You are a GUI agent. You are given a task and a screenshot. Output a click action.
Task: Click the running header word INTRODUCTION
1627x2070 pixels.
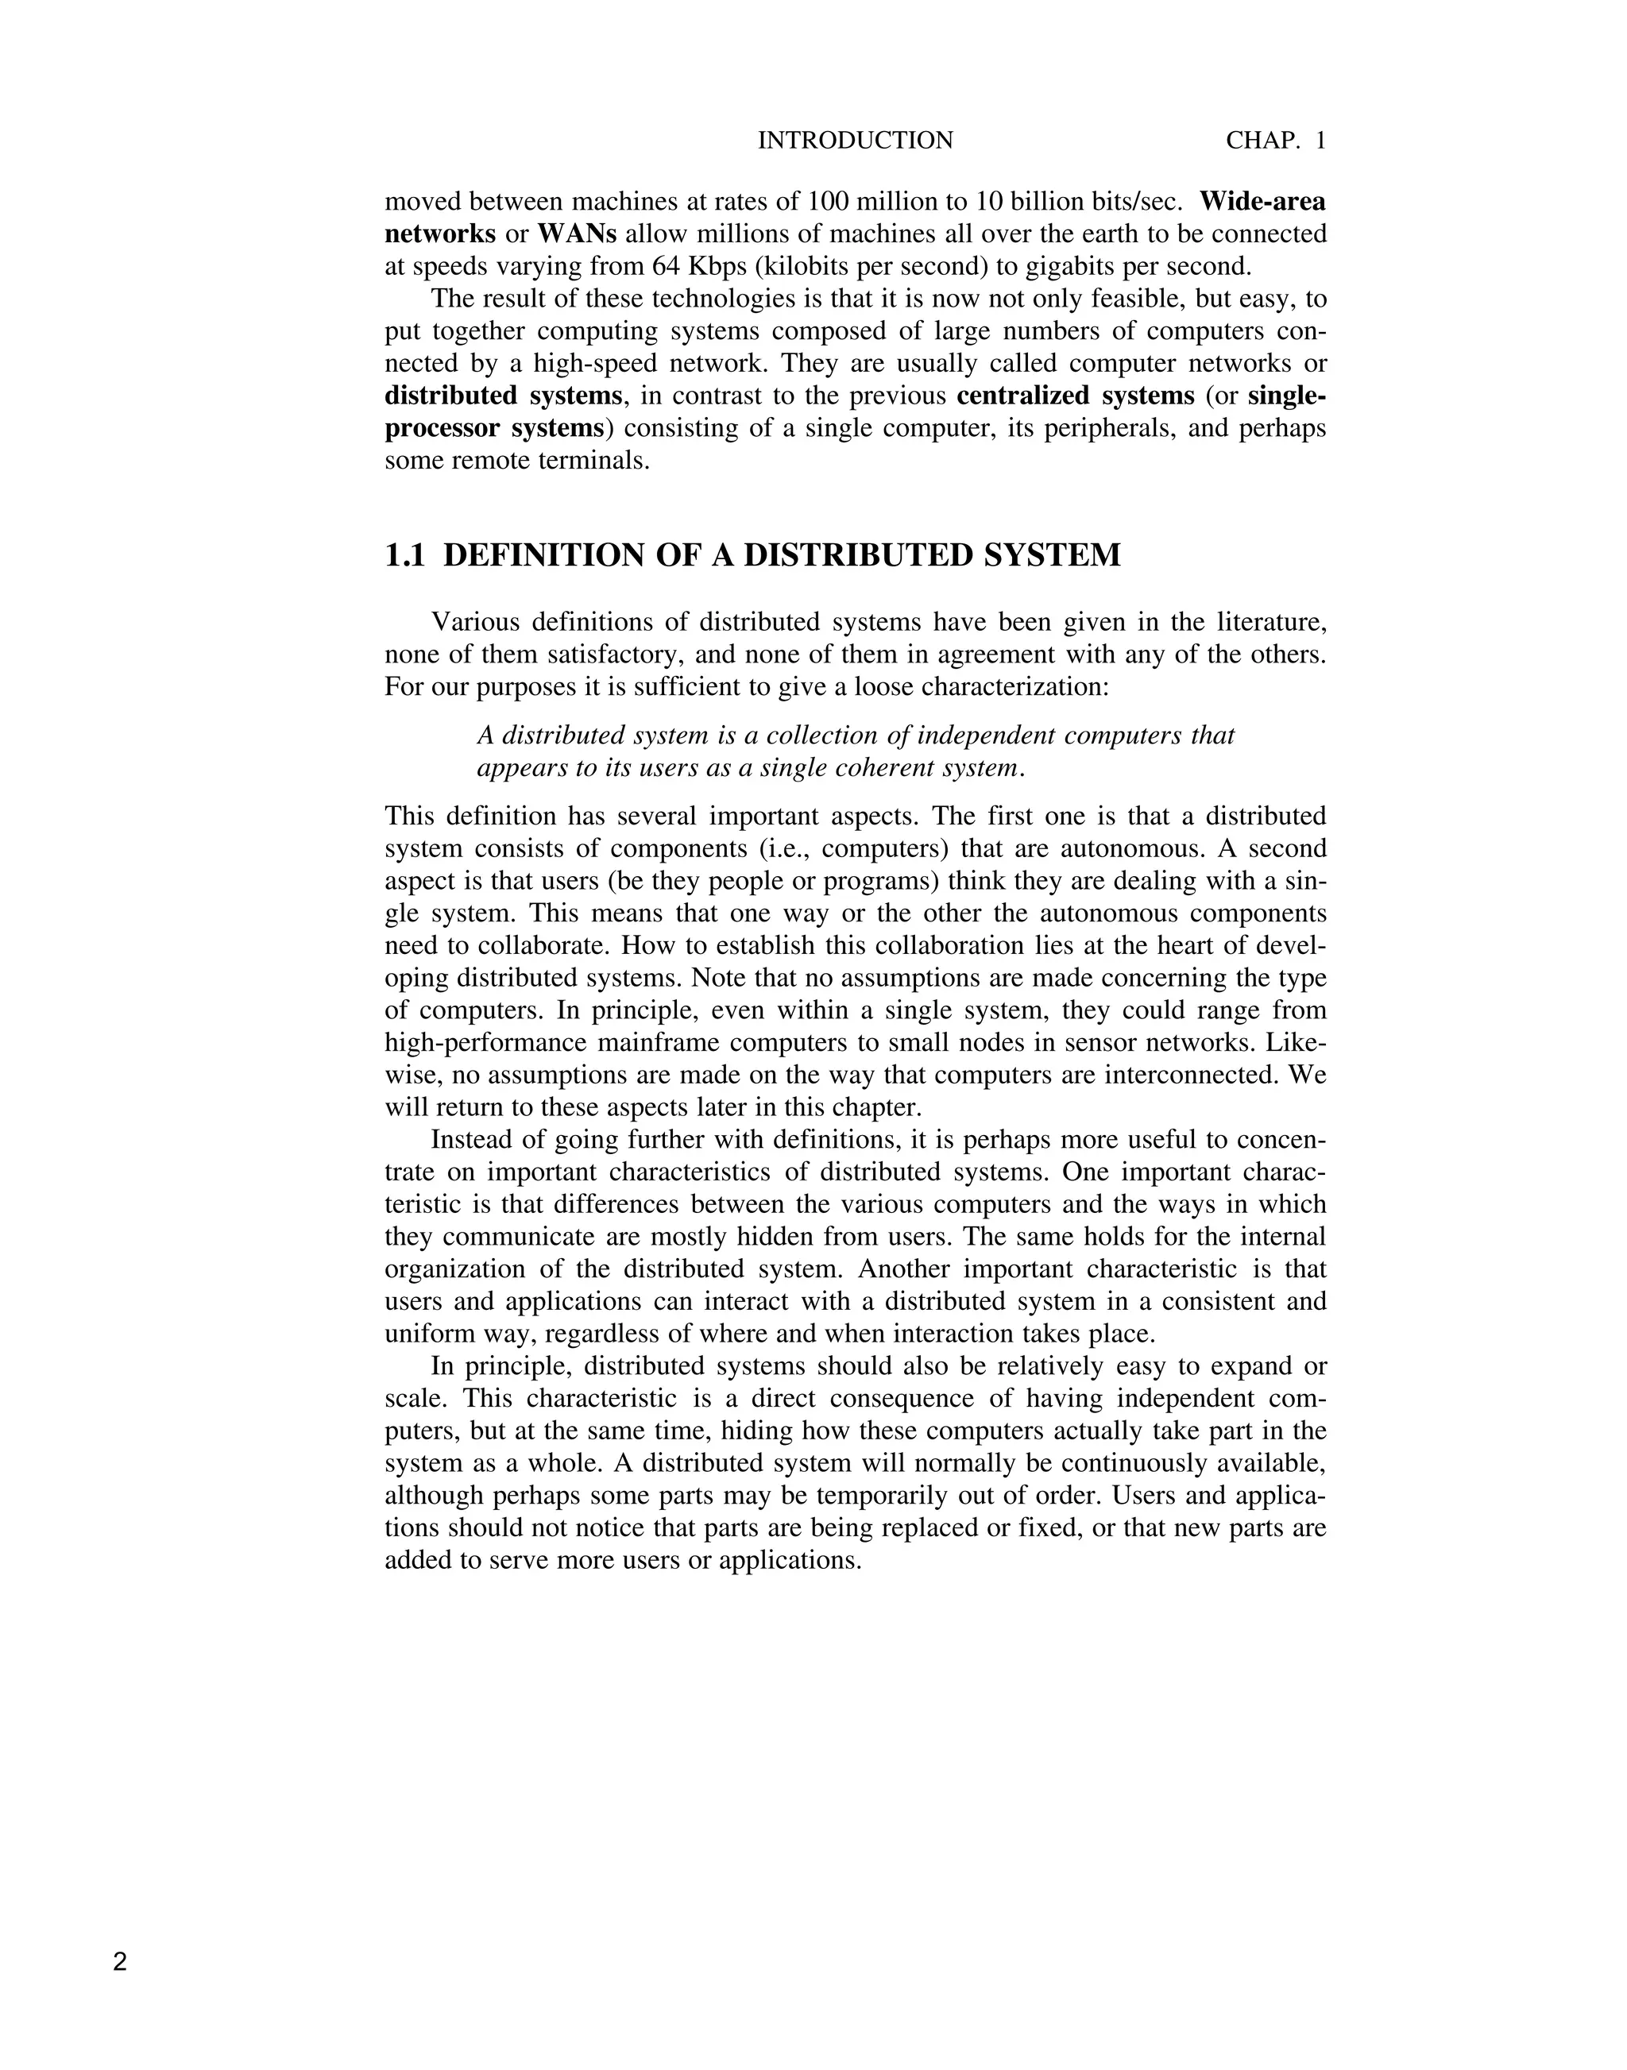(x=855, y=141)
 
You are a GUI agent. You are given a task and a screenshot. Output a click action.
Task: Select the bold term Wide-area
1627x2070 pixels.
(x=1262, y=202)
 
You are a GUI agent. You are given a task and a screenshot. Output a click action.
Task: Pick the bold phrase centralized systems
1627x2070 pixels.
(x=1075, y=396)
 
